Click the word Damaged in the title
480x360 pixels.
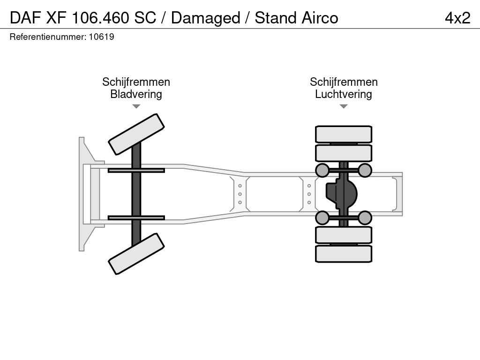point(205,18)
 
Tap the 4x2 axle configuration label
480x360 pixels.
point(457,18)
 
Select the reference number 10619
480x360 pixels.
point(101,37)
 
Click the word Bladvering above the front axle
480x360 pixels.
point(136,94)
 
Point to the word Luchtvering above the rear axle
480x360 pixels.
point(344,94)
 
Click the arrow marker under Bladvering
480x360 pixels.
point(136,106)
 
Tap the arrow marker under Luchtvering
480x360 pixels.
point(344,106)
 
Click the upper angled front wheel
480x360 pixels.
point(136,135)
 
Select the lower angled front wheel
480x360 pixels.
point(136,254)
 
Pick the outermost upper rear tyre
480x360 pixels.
point(344,134)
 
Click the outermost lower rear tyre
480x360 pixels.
point(344,254)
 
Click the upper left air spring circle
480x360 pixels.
point(322,170)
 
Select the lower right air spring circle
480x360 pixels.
point(365,217)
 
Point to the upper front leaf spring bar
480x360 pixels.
point(136,171)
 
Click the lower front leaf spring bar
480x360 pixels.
point(136,217)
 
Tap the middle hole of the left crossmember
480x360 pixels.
point(240,194)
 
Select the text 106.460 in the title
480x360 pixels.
point(100,18)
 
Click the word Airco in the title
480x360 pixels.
point(320,18)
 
